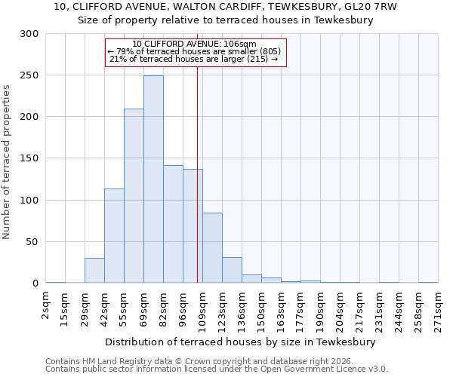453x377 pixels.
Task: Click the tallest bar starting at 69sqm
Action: pyautogui.click(x=153, y=179)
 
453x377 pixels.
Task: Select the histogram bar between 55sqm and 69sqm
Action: pyautogui.click(x=134, y=196)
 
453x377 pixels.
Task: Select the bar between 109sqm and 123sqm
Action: pyautogui.click(x=212, y=248)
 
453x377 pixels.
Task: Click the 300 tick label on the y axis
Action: pyautogui.click(x=29, y=34)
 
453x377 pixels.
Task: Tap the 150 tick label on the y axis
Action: pyautogui.click(x=29, y=159)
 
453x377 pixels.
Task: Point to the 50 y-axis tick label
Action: pyautogui.click(x=32, y=242)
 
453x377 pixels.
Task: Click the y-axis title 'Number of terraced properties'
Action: pyautogui.click(x=7, y=161)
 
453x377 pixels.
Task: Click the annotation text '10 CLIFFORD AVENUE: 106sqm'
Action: pyautogui.click(x=194, y=44)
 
